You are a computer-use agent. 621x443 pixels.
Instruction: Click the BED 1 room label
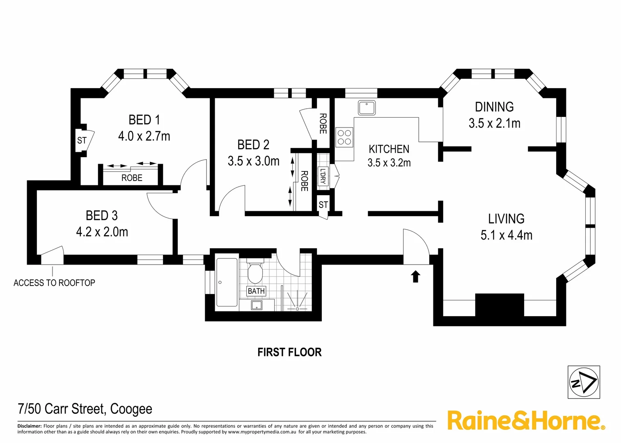[144, 120]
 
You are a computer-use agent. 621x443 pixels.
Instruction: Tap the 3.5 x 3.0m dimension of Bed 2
[253, 161]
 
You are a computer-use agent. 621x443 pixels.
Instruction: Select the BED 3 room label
[101, 215]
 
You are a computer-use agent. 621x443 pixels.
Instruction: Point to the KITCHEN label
[389, 149]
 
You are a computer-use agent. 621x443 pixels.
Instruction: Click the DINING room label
[494, 107]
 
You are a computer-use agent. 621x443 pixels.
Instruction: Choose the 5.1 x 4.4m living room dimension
[506, 235]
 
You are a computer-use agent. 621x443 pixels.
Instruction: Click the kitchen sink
[367, 107]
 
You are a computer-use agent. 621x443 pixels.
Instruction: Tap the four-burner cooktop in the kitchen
[344, 137]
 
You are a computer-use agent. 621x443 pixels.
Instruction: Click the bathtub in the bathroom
[227, 282]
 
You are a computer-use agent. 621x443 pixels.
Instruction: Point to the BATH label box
[256, 291]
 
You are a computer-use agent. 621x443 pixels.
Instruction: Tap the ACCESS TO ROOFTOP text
[54, 283]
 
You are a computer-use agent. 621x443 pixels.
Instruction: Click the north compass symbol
[584, 382]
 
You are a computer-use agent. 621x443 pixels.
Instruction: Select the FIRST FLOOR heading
[289, 352]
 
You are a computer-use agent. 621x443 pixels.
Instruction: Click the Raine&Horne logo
[526, 420]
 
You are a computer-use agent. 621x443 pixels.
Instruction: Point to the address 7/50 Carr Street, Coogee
[85, 409]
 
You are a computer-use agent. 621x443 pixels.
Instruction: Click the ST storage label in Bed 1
[82, 140]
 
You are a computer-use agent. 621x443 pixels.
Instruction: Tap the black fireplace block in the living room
[499, 305]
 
